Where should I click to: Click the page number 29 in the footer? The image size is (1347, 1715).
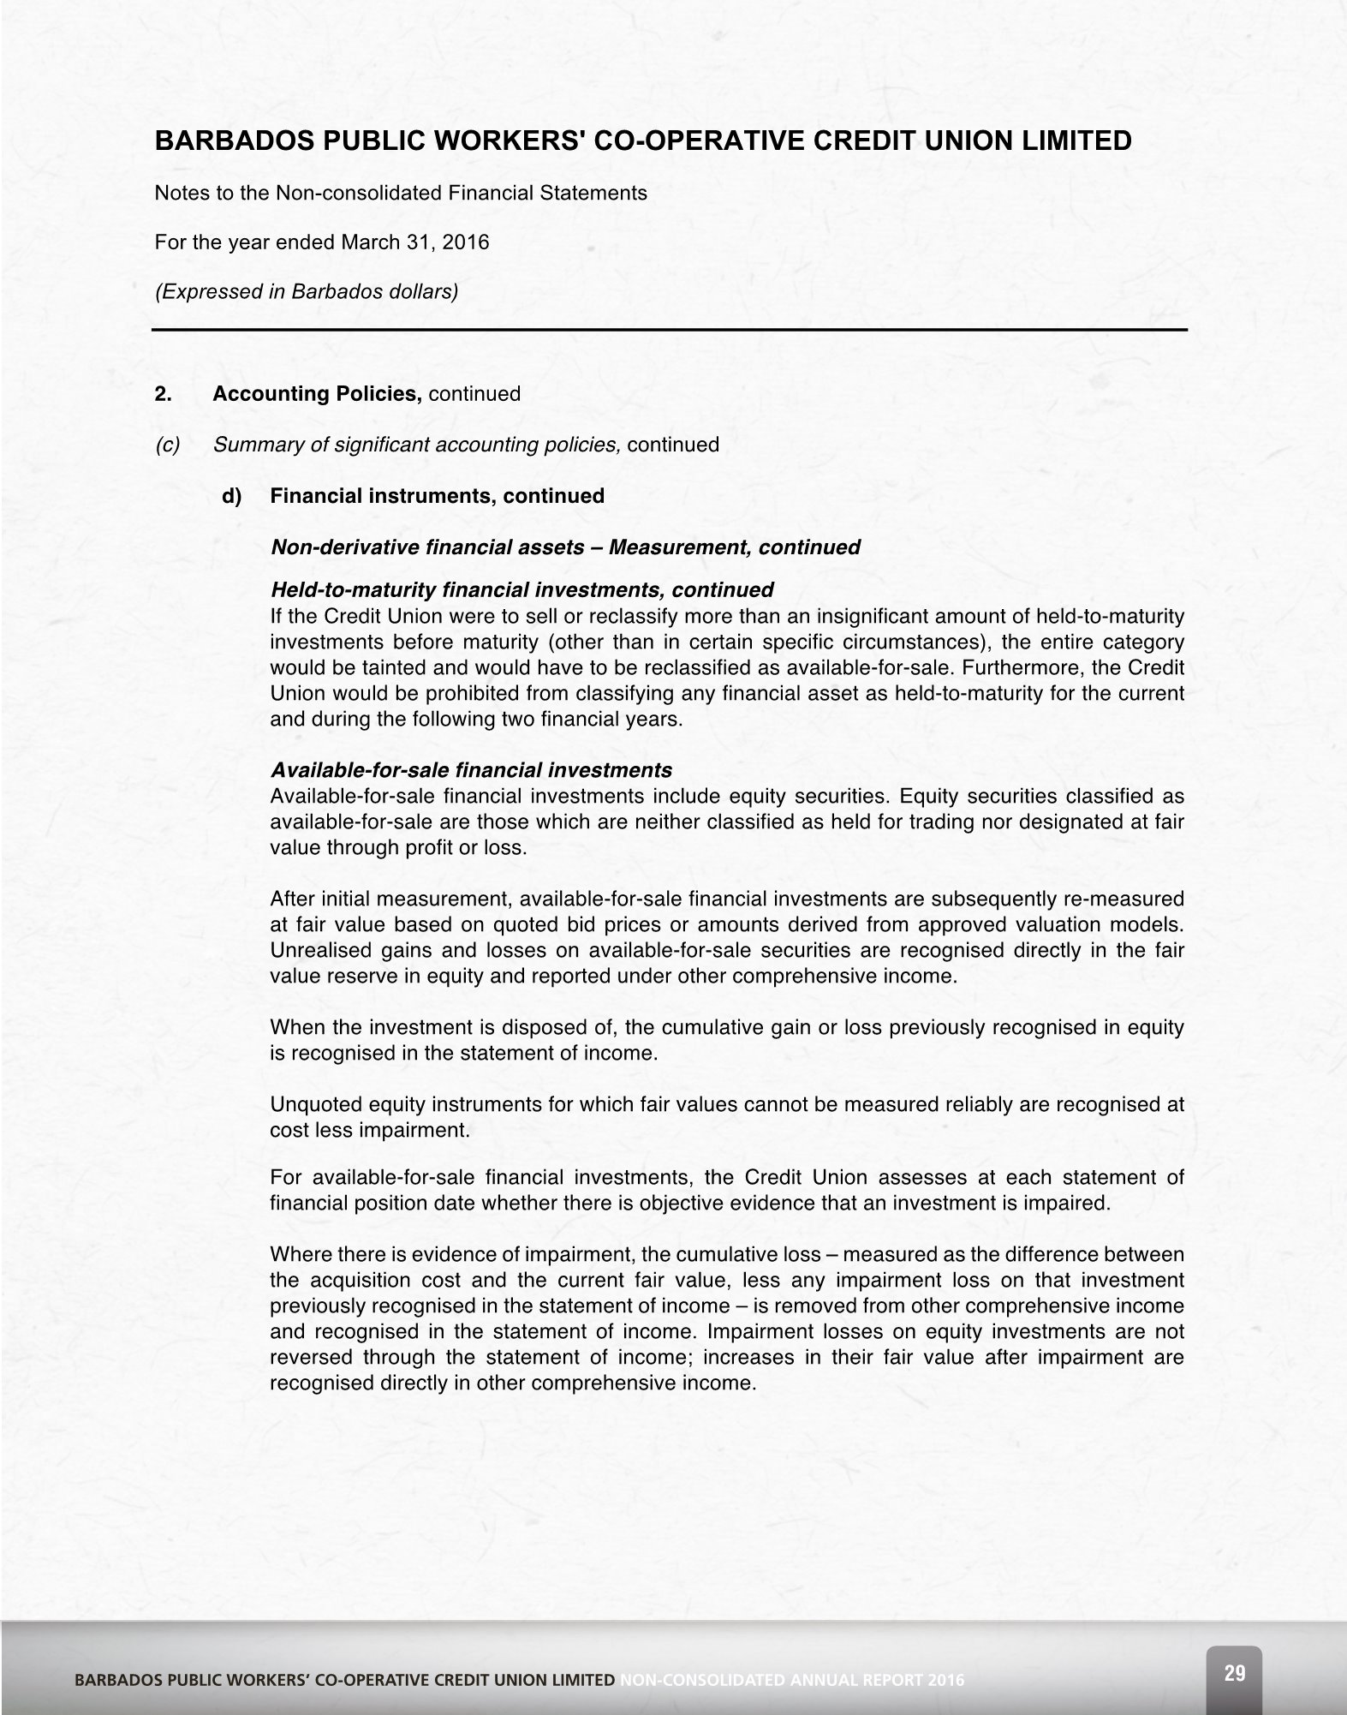(1234, 1672)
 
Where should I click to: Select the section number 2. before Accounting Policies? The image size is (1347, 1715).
(163, 394)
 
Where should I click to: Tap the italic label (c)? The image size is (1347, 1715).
(167, 445)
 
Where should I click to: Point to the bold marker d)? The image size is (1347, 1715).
(232, 496)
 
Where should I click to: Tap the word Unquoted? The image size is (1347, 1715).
(307, 1105)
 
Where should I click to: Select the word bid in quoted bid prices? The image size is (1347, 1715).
(578, 925)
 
